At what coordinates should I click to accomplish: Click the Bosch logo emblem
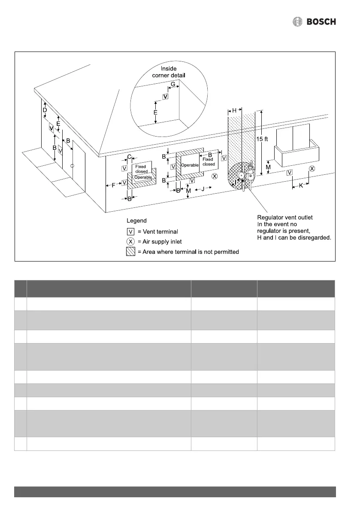pyautogui.click(x=297, y=21)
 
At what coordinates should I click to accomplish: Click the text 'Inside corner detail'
pyautogui.click(x=169, y=72)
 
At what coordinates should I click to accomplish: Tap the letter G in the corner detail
pyautogui.click(x=173, y=85)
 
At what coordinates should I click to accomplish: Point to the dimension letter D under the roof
pyautogui.click(x=45, y=110)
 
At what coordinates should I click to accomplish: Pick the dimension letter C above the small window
pyautogui.click(x=129, y=157)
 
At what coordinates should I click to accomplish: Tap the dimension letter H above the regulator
pyautogui.click(x=234, y=110)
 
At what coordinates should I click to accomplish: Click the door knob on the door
pyautogui.click(x=73, y=166)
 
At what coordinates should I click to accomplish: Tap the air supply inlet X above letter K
pyautogui.click(x=312, y=169)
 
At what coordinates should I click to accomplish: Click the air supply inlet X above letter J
pyautogui.click(x=215, y=176)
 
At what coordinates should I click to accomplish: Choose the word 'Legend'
pyautogui.click(x=136, y=221)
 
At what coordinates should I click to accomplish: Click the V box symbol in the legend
pyautogui.click(x=130, y=232)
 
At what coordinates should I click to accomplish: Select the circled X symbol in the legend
pyautogui.click(x=130, y=242)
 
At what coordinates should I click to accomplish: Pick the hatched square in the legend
pyautogui.click(x=130, y=252)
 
